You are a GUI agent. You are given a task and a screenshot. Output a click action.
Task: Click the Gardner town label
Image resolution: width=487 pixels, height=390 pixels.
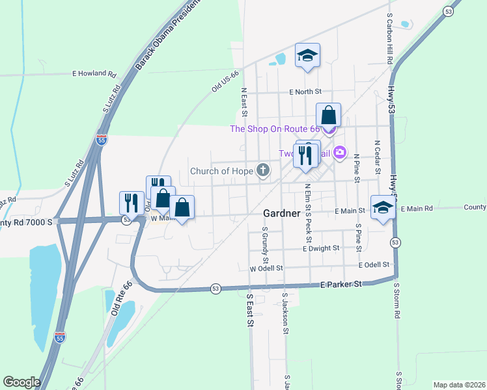point(281,213)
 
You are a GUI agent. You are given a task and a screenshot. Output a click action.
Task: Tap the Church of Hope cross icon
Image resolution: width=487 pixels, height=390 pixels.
point(263,171)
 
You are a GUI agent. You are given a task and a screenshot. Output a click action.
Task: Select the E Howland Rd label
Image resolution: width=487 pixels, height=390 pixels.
point(94,73)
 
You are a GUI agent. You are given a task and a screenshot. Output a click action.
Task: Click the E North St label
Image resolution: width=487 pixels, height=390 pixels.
point(306,93)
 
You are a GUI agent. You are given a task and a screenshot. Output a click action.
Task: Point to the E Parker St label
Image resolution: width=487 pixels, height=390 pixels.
point(341,285)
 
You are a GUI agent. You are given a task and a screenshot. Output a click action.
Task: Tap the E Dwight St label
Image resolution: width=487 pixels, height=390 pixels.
point(321,248)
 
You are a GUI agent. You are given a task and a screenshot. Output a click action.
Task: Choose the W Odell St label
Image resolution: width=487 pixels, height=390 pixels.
point(266,268)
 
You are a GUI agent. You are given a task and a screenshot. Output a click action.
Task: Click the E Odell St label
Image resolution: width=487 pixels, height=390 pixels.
point(373,265)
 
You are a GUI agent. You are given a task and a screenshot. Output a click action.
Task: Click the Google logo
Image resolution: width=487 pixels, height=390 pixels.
point(21,382)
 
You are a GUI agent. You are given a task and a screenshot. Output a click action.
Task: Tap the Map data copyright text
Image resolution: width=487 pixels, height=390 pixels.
point(460,385)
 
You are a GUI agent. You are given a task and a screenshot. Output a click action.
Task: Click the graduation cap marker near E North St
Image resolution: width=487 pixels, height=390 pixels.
point(307,56)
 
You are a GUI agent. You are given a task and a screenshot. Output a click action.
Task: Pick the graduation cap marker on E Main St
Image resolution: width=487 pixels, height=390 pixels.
point(383,207)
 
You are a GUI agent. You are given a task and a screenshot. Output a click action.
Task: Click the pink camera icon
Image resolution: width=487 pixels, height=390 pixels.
point(339,153)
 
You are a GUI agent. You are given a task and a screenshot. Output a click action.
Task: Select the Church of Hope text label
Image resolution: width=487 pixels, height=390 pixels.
point(221,172)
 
